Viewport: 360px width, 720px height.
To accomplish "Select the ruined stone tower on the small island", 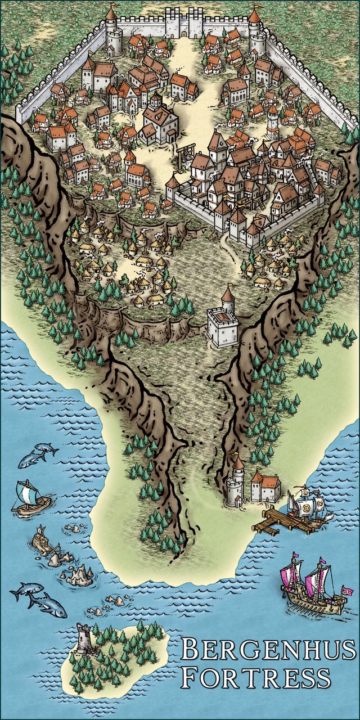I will [84, 639].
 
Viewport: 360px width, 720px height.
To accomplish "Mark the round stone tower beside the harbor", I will [236, 484].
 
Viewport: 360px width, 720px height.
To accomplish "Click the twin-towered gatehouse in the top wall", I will [184, 23].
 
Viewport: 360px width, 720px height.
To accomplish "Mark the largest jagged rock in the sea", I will [79, 575].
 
